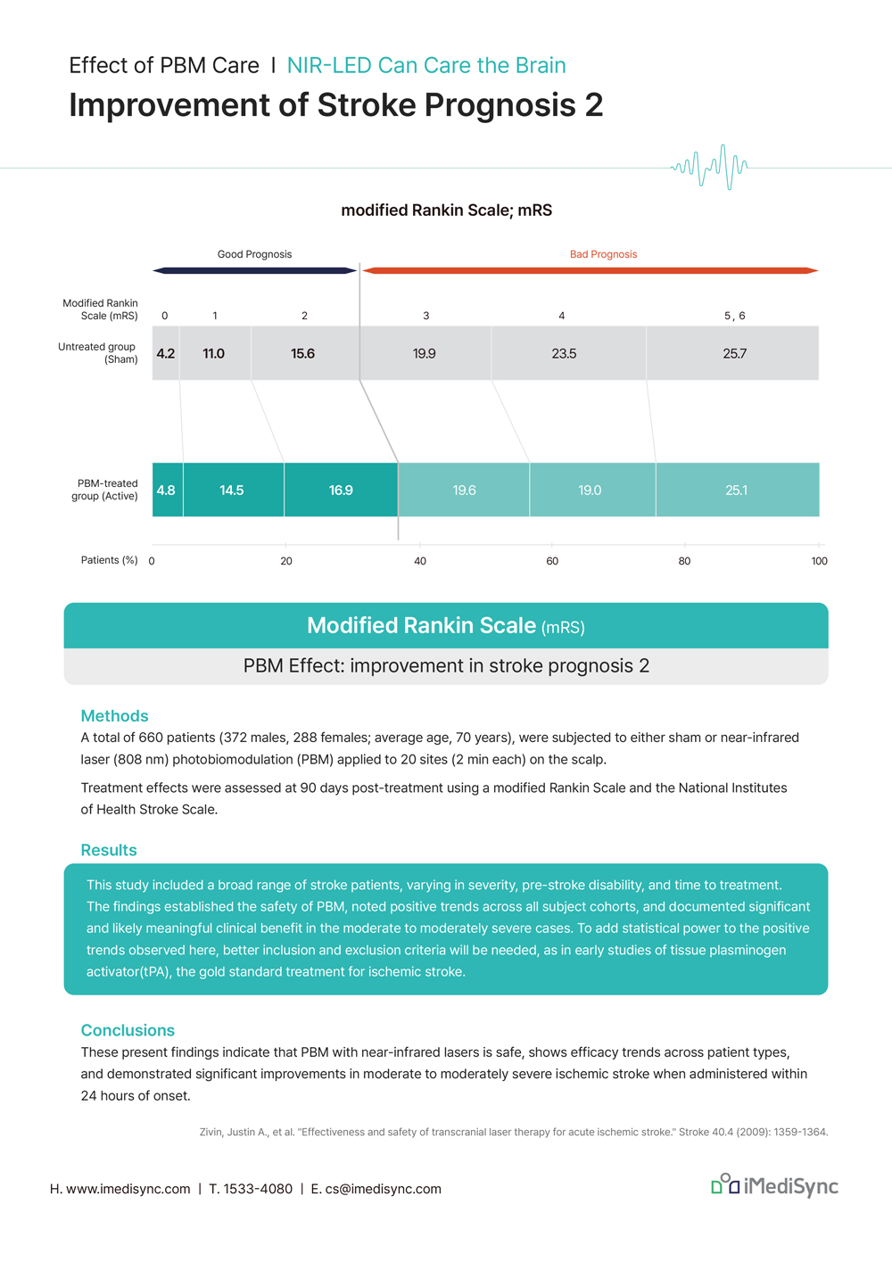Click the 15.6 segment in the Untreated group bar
[304, 354]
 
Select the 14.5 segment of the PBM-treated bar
[233, 491]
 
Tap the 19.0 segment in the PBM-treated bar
[591, 491]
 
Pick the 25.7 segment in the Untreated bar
[734, 354]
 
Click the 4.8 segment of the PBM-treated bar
[167, 491]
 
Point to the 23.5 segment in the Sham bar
[565, 354]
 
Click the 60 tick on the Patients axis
[552, 561]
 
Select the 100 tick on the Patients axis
[819, 561]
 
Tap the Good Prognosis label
[254, 254]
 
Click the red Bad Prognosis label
[603, 254]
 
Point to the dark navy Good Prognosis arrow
[255, 270]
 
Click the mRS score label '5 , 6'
[734, 316]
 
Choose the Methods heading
[114, 716]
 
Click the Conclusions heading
[128, 1030]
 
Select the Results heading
[109, 850]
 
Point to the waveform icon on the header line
[709, 167]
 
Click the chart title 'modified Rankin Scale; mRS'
[446, 210]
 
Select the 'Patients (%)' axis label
[109, 560]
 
